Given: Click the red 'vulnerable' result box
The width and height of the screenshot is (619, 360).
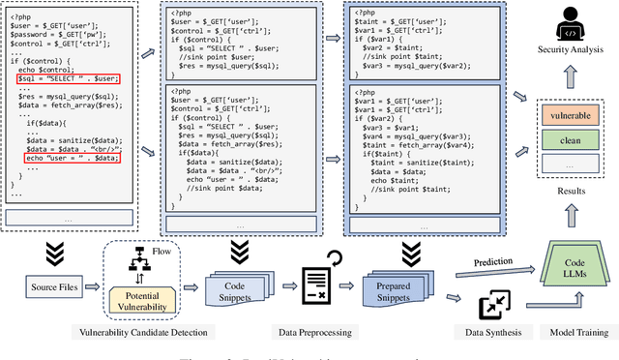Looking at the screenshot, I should [573, 115].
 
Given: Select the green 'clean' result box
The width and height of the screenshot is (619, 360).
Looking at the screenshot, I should [573, 140].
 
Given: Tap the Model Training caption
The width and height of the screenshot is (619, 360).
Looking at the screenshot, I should [574, 333].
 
